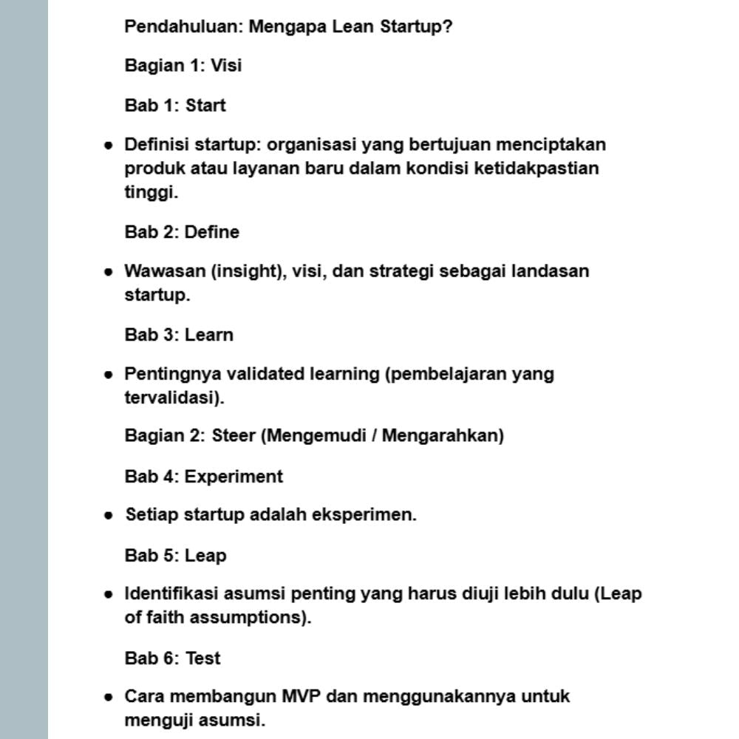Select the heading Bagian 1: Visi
[183, 66]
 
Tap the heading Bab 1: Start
[175, 106]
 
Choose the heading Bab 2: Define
[182, 232]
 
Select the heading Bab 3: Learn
[179, 335]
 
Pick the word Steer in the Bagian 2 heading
[233, 435]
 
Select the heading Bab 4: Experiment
[203, 477]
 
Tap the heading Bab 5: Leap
[175, 555]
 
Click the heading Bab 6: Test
[172, 658]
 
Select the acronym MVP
[301, 696]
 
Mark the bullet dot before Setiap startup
[109, 515]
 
